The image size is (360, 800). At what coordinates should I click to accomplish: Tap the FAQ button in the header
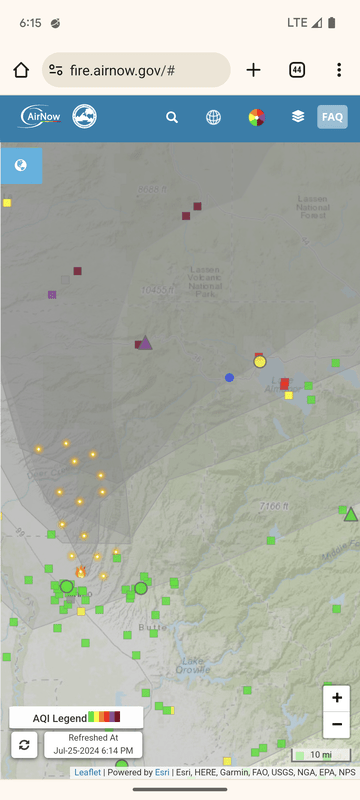coord(332,117)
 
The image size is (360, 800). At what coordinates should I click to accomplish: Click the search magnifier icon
coord(172,117)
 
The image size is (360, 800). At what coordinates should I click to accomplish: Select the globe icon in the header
coord(214,117)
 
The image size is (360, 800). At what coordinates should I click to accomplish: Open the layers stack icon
coord(298,117)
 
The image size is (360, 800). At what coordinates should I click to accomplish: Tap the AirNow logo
coord(42,117)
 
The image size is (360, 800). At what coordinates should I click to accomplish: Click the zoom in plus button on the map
coord(337,698)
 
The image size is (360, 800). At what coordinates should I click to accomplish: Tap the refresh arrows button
coord(25,744)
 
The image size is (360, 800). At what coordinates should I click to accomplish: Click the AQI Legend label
coord(60,718)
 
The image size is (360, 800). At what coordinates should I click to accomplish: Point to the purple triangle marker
coord(146,343)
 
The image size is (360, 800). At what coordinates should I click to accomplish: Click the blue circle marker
coord(229,377)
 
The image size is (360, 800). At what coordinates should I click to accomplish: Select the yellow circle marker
coord(260,361)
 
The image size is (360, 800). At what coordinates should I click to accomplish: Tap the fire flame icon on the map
coord(81,572)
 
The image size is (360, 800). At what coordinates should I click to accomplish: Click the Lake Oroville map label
coord(193,665)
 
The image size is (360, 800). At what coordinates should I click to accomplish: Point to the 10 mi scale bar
coord(321,754)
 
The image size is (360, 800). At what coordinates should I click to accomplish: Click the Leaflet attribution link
coord(87,772)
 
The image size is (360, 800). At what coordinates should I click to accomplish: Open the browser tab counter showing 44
coord(297,70)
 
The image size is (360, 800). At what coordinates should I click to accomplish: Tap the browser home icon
coord(21,70)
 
